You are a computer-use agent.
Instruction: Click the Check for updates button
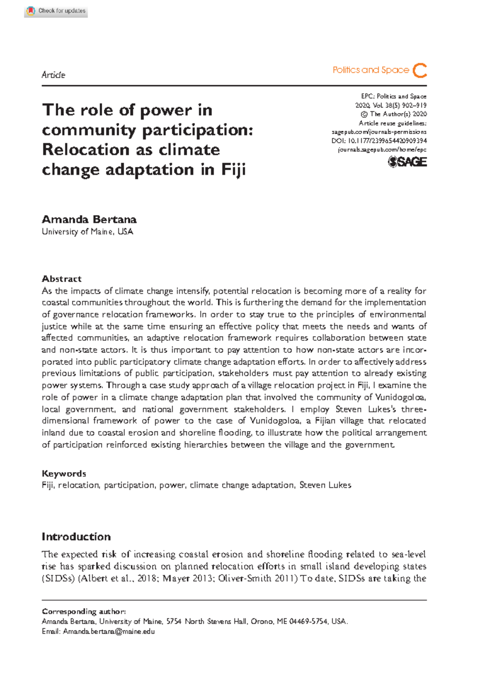[56, 11]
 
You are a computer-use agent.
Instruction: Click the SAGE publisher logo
[407, 162]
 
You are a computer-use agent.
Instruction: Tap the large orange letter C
[420, 70]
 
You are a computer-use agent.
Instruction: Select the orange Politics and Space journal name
[371, 70]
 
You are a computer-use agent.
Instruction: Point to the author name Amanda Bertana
[89, 219]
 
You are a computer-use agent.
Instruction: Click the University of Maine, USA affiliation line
[87, 232]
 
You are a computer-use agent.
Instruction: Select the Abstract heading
[61, 279]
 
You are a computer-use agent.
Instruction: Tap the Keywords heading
[64, 473]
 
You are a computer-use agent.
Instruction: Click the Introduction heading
[76, 537]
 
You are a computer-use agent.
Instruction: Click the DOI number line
[379, 141]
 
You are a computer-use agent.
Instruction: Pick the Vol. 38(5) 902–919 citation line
[391, 105]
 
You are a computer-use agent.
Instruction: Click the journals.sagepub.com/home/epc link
[382, 150]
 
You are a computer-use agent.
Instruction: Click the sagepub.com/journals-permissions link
[379, 132]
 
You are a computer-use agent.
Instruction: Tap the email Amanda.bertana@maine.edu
[109, 631]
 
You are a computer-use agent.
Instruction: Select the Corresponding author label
[84, 611]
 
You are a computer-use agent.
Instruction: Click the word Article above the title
[53, 75]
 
